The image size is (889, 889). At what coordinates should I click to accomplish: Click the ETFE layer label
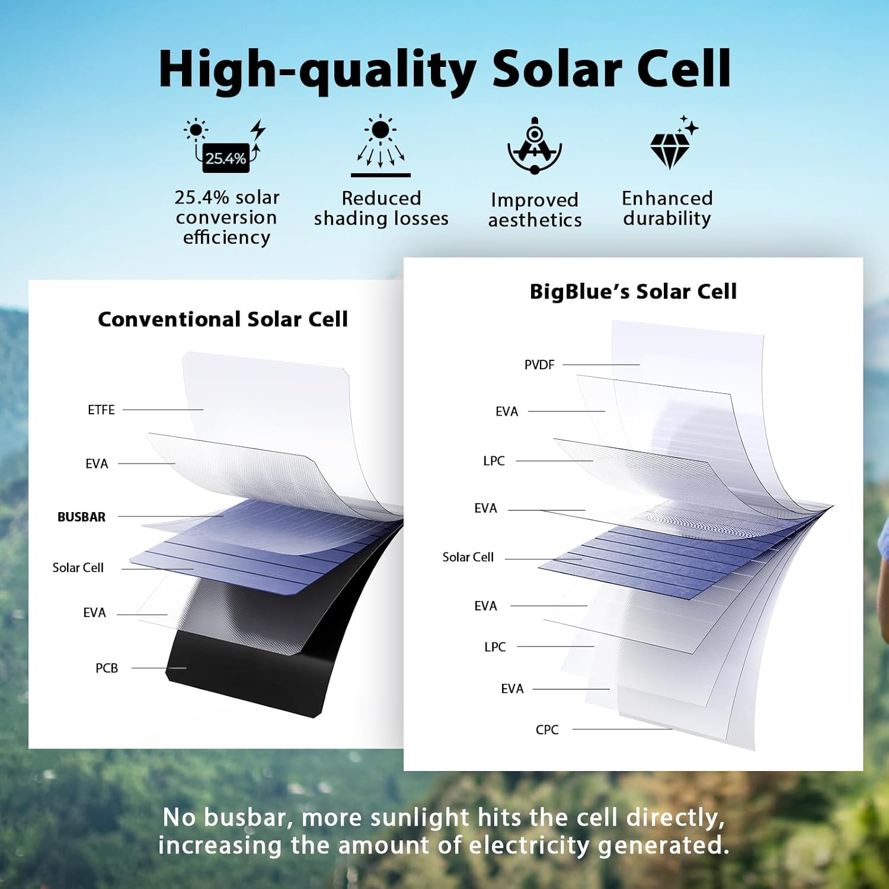coord(101,410)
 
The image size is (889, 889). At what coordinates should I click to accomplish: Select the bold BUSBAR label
coord(81,517)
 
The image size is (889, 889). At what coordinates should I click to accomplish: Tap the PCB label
coord(107,668)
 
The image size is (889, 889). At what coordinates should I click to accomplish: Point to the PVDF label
coord(539,364)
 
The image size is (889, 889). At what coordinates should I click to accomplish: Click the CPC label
coord(547,730)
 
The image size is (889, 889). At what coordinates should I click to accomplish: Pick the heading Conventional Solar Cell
coord(222,319)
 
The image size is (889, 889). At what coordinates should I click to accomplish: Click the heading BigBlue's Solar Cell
coord(633,292)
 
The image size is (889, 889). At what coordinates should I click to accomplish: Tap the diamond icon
coord(671,147)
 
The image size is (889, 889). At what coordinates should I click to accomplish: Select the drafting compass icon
coord(535,146)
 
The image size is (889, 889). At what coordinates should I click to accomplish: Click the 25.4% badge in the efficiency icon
coord(226,159)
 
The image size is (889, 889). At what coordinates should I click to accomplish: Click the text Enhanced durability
coord(667,208)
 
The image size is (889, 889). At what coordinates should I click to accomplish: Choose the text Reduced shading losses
coord(381,208)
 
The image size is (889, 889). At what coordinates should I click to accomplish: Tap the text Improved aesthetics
coord(535,210)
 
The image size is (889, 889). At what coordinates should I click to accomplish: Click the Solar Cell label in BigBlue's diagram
coord(468,557)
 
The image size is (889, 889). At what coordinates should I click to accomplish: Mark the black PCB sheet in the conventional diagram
coord(249,676)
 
